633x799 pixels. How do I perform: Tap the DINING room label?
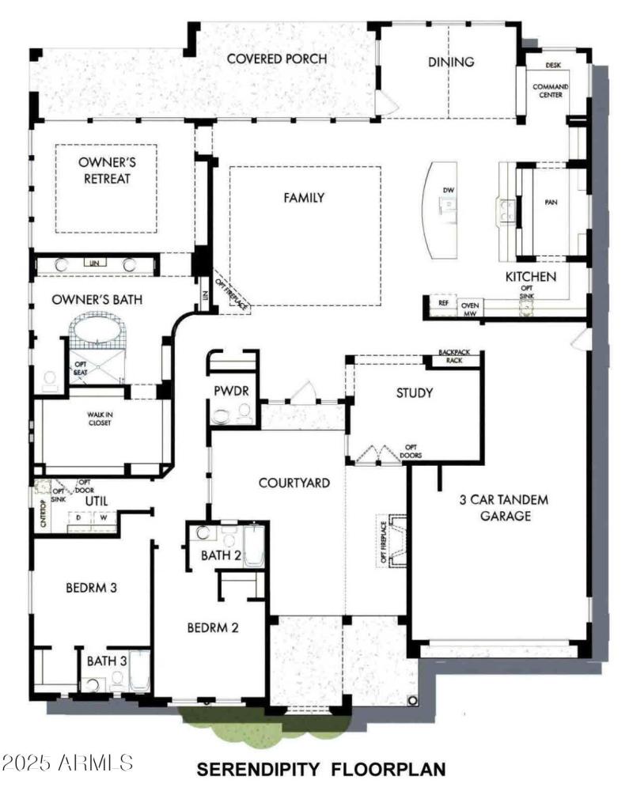(451, 62)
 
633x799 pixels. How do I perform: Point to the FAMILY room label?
(304, 198)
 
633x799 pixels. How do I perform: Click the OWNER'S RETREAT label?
(104, 169)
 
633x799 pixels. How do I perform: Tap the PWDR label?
(230, 392)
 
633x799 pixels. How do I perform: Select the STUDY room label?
(414, 392)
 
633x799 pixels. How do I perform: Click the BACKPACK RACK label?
(461, 357)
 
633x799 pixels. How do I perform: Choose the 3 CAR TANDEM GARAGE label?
(503, 508)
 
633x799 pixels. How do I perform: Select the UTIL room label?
(96, 501)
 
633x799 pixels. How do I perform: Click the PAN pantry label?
(552, 202)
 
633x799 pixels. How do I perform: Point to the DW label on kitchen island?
(448, 190)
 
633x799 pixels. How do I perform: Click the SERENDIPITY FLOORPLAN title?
(320, 768)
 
